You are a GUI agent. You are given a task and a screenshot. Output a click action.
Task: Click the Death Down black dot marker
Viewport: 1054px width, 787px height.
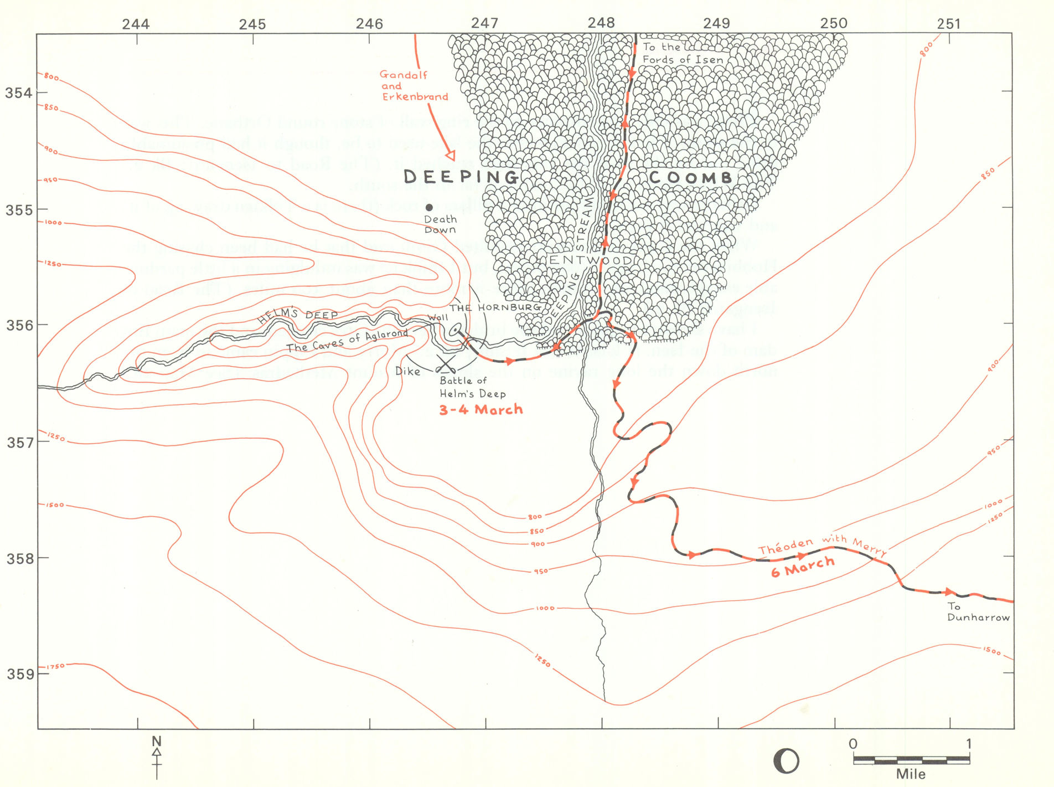coord(429,208)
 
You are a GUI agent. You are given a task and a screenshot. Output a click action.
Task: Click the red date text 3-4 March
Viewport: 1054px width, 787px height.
coord(480,410)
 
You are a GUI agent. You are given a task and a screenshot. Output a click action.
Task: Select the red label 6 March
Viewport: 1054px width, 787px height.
coord(802,567)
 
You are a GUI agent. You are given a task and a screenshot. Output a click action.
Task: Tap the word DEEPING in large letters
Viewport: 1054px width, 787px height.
coord(461,177)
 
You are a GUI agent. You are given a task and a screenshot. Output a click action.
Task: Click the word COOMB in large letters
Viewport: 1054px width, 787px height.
coord(690,178)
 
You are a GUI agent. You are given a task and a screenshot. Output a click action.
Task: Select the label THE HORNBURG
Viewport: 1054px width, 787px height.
coord(494,307)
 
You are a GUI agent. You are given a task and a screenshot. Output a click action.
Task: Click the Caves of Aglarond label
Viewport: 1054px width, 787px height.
coord(347,340)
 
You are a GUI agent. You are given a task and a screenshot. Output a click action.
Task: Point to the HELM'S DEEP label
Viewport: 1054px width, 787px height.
coord(298,315)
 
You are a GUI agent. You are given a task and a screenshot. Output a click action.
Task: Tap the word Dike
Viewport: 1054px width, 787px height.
coord(407,372)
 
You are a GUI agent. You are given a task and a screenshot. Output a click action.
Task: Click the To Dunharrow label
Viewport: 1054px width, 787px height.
coord(978,612)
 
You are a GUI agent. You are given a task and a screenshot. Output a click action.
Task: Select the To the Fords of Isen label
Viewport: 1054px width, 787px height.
coord(682,54)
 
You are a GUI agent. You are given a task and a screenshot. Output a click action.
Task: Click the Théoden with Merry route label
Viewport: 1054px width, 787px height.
coord(822,545)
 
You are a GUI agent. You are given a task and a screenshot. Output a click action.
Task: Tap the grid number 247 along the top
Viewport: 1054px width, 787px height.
coord(484,23)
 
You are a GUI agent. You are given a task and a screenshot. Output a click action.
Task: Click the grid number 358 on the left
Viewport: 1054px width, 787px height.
coord(19,558)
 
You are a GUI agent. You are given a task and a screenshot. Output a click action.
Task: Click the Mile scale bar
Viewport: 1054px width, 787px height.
coord(911,760)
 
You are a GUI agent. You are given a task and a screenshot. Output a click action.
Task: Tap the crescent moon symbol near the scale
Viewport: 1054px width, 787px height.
coord(786,761)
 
